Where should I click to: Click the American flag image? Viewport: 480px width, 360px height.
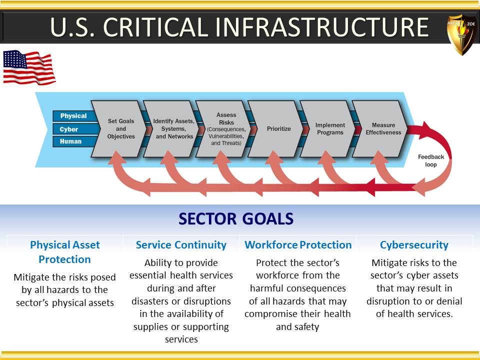[x=29, y=67]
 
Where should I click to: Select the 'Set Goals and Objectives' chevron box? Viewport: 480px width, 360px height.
[x=119, y=129]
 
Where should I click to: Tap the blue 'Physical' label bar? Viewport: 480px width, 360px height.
[x=73, y=116]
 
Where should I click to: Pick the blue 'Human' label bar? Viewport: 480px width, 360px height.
[x=73, y=141]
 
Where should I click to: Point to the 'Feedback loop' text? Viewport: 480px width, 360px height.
[x=430, y=160]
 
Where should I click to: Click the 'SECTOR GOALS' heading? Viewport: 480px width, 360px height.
[x=236, y=218]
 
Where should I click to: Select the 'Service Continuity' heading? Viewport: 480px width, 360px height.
[x=181, y=245]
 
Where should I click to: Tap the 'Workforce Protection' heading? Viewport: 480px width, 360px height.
[x=298, y=245]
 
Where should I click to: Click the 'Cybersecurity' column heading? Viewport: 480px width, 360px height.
[x=414, y=245]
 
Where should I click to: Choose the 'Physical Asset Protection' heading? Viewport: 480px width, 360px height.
[x=65, y=252]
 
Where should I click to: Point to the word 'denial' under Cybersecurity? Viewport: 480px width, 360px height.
[x=448, y=301]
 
